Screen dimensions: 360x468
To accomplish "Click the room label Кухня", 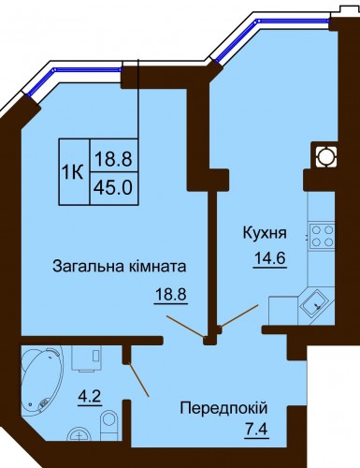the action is pos(265,234).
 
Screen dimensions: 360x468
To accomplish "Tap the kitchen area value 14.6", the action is pos(270,258).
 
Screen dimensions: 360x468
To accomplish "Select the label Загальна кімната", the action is pos(120,267).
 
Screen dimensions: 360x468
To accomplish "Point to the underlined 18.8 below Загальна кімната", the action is pos(171,295).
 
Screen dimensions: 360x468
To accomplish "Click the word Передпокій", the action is pos(223,408).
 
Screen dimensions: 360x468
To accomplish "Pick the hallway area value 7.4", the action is pos(256,431).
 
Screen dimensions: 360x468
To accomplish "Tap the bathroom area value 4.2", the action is pos(89,398).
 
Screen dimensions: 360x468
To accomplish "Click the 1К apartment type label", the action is pos(73,171).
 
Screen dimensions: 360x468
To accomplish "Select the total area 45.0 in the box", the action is pos(114,188).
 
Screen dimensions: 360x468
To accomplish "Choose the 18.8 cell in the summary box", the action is pos(114,158).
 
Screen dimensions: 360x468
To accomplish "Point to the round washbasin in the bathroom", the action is pos(79,435).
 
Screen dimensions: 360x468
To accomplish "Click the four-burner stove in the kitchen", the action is pos(322,237).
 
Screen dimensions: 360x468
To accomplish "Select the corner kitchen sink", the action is pos(315,304).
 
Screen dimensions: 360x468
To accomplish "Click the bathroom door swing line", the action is pos(138,379).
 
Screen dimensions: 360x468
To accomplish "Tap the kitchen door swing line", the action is pos(239,315).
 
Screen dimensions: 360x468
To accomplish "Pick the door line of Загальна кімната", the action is pos(186,327).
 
